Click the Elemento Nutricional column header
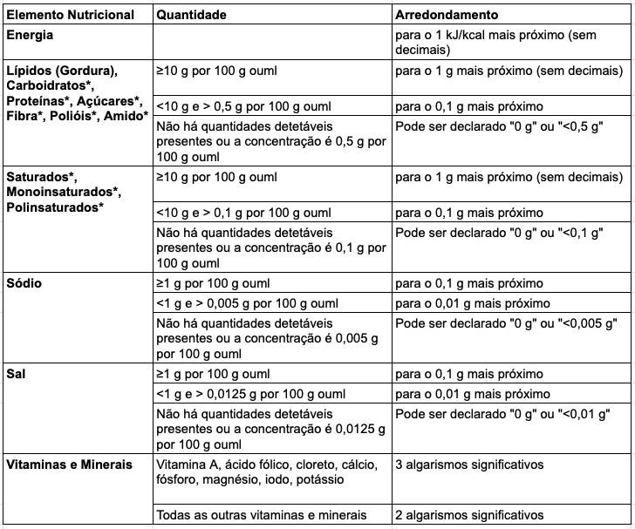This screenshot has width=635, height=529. [71, 15]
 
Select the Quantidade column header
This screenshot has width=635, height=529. [191, 15]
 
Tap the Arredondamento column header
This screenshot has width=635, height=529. [447, 15]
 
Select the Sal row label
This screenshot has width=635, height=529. [17, 374]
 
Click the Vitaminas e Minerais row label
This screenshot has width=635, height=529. [69, 464]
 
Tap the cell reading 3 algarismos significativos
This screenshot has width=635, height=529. [469, 464]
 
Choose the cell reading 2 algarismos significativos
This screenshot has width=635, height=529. [469, 514]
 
